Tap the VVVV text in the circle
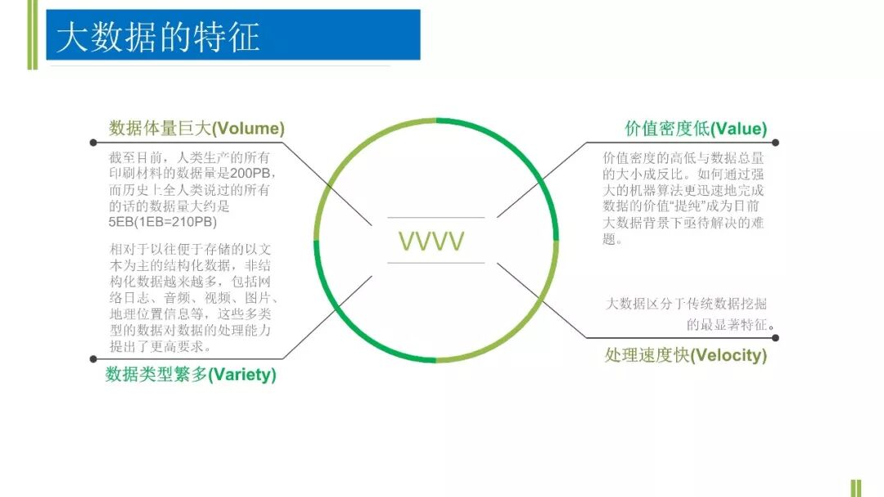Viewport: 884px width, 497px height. [x=431, y=241]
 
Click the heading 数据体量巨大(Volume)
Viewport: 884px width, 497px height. [x=196, y=129]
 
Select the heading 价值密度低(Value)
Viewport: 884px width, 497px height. [x=696, y=129]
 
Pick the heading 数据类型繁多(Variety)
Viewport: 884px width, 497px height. [x=191, y=375]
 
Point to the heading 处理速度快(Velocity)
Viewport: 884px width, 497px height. [x=686, y=355]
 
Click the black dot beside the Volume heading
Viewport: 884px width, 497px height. [x=91, y=142]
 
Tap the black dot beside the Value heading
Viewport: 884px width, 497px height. [x=775, y=142]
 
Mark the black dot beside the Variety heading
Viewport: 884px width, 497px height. [x=91, y=359]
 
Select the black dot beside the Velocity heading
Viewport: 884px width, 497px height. [x=775, y=337]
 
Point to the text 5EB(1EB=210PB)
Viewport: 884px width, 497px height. [x=163, y=222]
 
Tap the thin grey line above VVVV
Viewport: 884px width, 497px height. [x=435, y=218]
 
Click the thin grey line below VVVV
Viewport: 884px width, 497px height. [x=435, y=263]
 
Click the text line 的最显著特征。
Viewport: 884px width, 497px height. [x=730, y=325]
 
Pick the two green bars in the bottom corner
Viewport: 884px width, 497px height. [x=856, y=487]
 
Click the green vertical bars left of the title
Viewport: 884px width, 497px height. [x=32, y=34]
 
